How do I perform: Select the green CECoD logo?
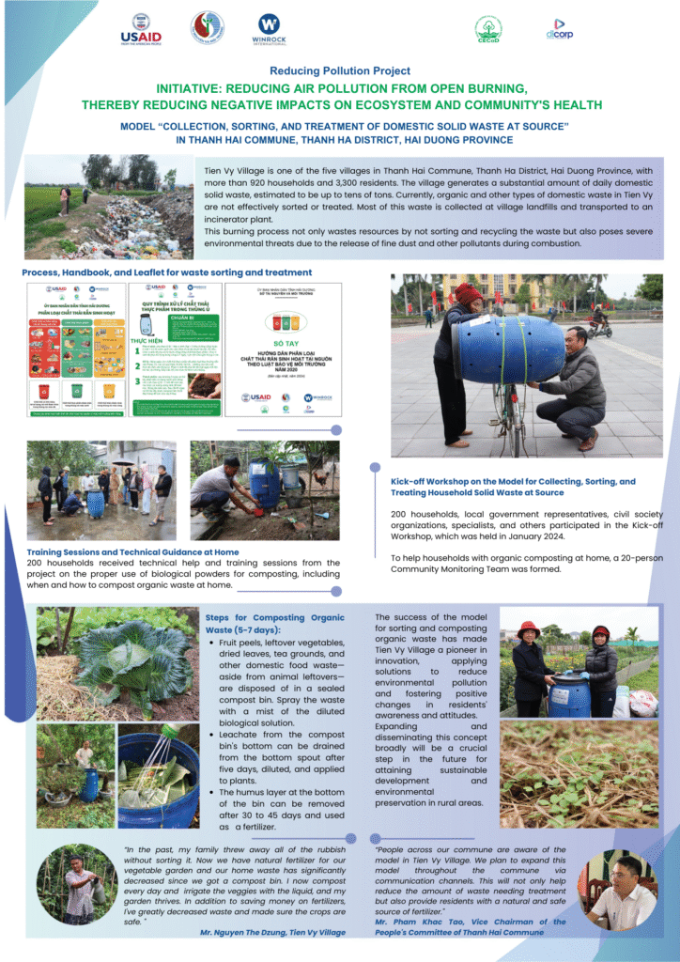pyautogui.click(x=488, y=29)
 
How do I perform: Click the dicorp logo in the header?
pyautogui.click(x=555, y=29)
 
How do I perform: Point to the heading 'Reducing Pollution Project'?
pyautogui.click(x=340, y=70)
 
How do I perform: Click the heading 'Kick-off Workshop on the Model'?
pyautogui.click(x=513, y=487)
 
